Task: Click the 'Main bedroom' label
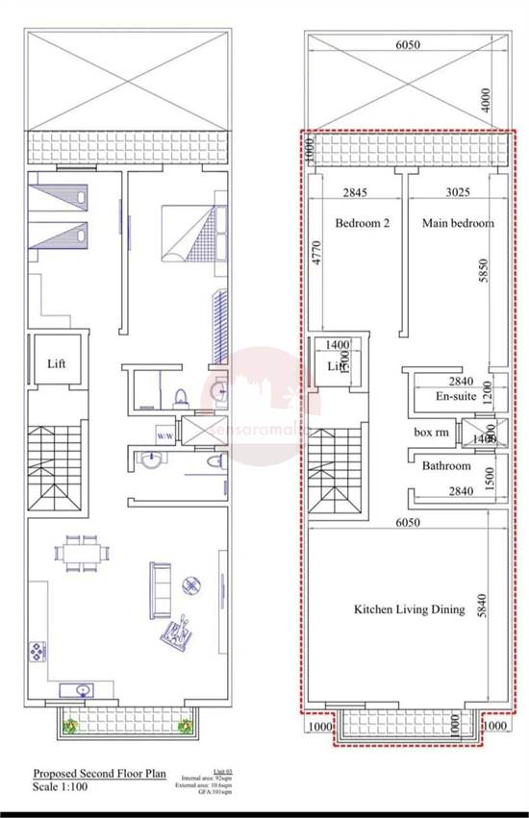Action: coord(458,223)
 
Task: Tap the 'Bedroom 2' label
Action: coord(362,223)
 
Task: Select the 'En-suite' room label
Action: coord(457,396)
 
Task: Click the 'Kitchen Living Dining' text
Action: coord(409,609)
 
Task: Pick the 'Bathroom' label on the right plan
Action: coord(447,466)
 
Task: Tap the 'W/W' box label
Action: coord(165,434)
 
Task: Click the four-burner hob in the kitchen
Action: coord(38,651)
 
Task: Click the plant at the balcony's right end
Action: coord(184,728)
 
